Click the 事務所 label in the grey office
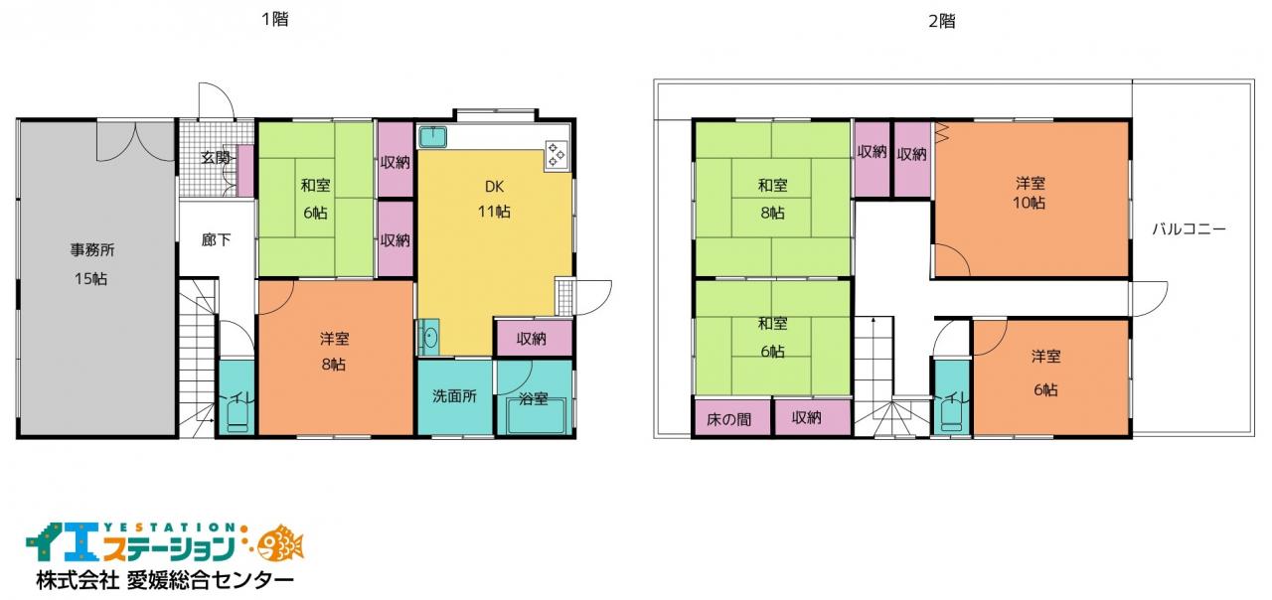92,249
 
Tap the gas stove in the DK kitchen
556,155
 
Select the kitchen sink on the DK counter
432,137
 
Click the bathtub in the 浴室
536,416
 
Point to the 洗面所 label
454,396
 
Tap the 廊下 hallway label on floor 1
216,240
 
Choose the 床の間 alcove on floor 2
729,418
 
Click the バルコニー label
1189,228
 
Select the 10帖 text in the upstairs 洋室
1029,203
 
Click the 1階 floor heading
275,19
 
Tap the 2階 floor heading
941,22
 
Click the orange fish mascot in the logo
280,543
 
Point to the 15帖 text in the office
90,279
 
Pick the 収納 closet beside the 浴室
534,339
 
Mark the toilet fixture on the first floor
238,416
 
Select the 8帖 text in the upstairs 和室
772,213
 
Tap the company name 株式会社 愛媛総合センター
165,580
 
